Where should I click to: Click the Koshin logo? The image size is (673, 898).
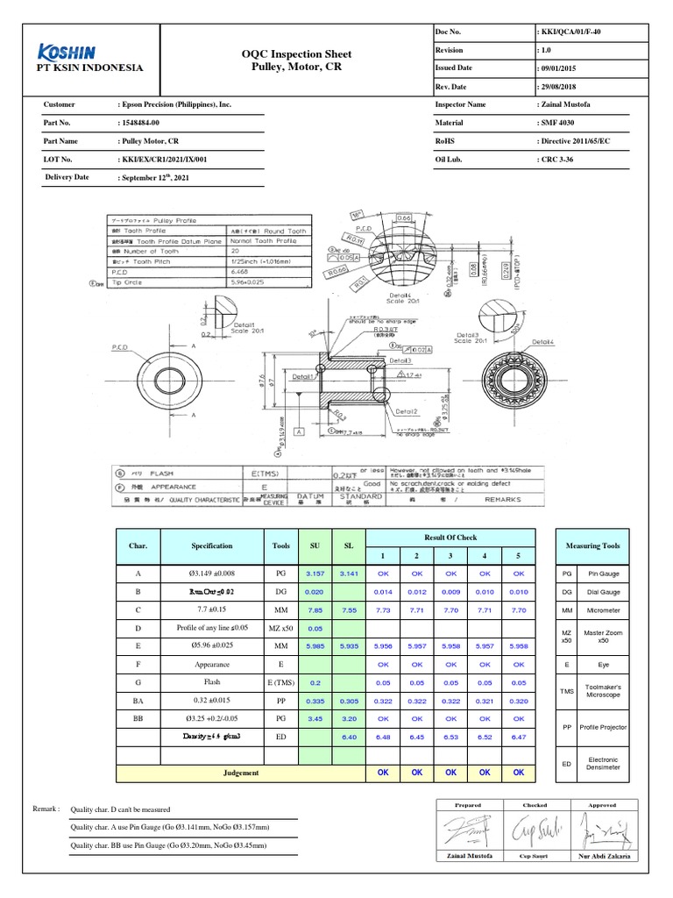[x=67, y=52]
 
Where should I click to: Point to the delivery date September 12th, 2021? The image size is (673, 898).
[x=154, y=177]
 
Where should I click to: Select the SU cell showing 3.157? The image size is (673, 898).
[x=314, y=574]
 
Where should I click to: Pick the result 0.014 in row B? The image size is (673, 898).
[x=382, y=593]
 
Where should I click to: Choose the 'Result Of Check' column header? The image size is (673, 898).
[x=450, y=537]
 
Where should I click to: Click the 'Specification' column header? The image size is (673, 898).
[x=212, y=545]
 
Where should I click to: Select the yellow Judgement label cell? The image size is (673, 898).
[x=241, y=773]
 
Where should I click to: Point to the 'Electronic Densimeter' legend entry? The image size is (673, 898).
[x=603, y=764]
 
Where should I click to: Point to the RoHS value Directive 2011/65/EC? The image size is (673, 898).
[x=576, y=140]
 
